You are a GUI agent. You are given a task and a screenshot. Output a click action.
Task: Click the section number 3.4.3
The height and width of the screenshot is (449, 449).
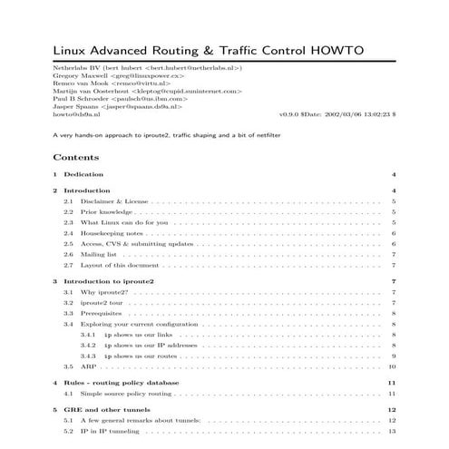[x=89, y=356]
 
